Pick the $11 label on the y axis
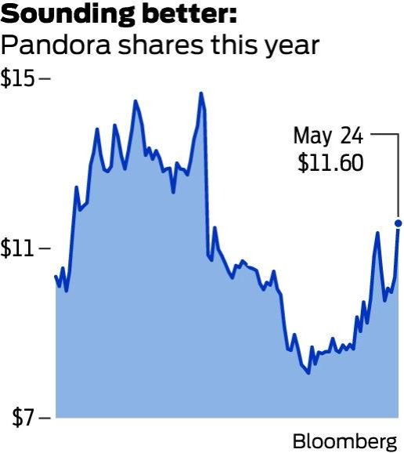click(17, 248)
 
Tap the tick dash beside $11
click(45, 248)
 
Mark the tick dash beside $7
click(45, 417)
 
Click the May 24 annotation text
click(328, 136)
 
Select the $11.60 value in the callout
click(330, 163)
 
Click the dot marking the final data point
click(399, 223)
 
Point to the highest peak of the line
click(201, 93)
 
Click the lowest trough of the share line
click(308, 373)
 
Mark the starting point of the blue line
click(56, 276)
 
